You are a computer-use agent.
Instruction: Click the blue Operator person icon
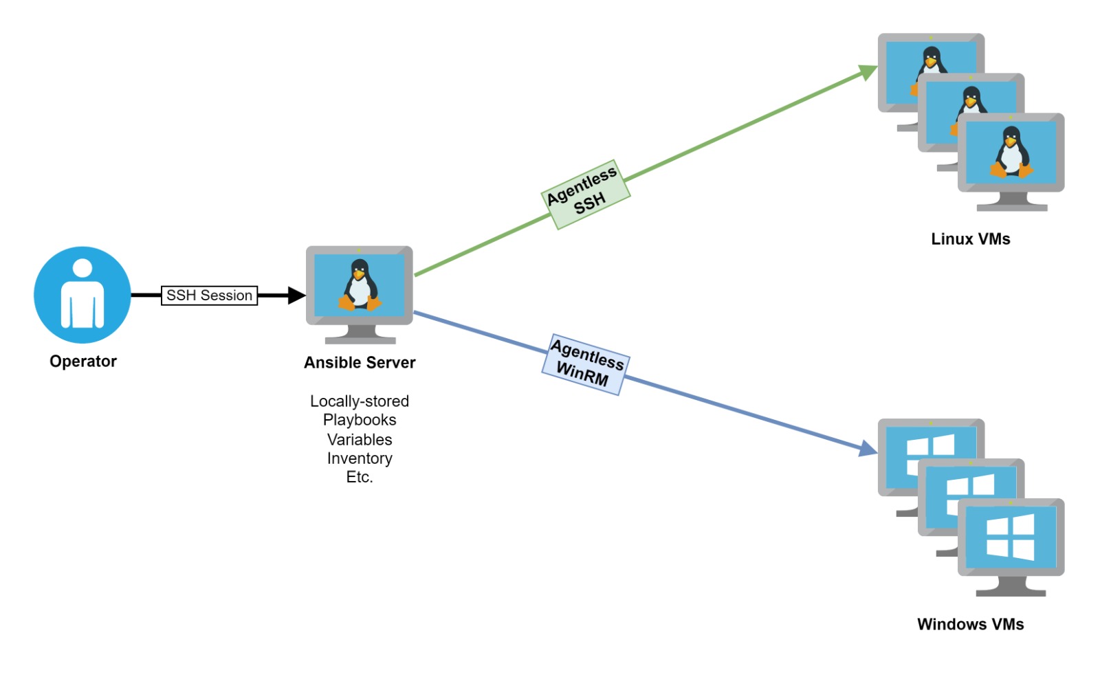[x=82, y=295]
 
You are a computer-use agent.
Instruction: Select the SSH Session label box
[x=209, y=296]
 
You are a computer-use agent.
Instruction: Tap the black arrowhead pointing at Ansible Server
[x=297, y=296]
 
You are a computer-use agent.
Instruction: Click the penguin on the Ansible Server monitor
[x=360, y=285]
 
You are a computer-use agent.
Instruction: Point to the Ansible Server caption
[x=360, y=362]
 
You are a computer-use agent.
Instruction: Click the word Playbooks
[x=360, y=420]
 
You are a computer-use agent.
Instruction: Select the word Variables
[x=360, y=439]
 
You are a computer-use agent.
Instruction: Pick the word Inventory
[x=360, y=458]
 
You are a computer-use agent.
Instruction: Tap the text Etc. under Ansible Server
[x=360, y=477]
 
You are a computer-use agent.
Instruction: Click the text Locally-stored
[x=360, y=401]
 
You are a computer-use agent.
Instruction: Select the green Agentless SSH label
[x=585, y=194]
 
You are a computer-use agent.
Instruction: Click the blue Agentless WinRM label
[x=586, y=364]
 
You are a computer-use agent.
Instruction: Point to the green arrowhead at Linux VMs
[x=868, y=71]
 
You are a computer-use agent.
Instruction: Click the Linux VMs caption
[x=970, y=239]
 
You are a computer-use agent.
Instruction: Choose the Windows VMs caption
[x=970, y=624]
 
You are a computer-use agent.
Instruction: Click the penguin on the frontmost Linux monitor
[x=1011, y=153]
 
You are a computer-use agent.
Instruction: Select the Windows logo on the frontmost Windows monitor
[x=1010, y=537]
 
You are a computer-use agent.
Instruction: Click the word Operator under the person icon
[x=83, y=361]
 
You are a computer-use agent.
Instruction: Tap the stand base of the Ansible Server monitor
[x=360, y=339]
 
